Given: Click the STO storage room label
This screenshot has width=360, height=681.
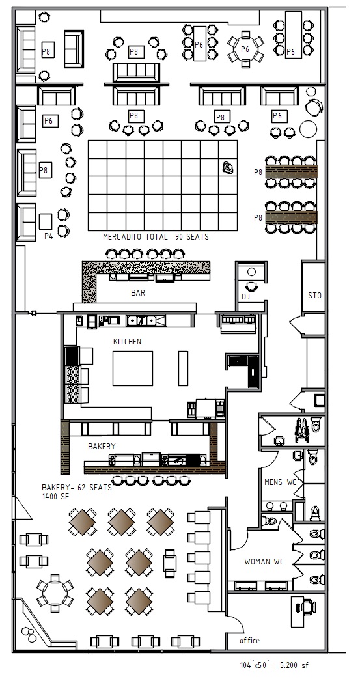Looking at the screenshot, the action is pyautogui.click(x=314, y=296).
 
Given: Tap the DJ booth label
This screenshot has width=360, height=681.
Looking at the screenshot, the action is pyautogui.click(x=245, y=296).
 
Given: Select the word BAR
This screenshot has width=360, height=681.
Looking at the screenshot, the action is pyautogui.click(x=137, y=293).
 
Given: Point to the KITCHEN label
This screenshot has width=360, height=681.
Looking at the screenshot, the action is pyautogui.click(x=127, y=342).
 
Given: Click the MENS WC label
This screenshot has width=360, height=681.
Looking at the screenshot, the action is pyautogui.click(x=280, y=482).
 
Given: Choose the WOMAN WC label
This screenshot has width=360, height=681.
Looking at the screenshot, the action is pyautogui.click(x=264, y=562).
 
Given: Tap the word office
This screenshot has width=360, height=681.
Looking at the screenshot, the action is pyautogui.click(x=250, y=640).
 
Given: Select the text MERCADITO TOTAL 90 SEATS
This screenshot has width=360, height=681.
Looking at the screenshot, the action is pyautogui.click(x=156, y=237).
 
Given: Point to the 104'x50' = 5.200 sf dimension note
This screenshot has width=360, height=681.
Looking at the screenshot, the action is pyautogui.click(x=274, y=665).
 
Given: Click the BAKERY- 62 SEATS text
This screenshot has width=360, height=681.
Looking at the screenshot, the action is pyautogui.click(x=76, y=487).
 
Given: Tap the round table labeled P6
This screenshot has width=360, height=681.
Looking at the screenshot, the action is pyautogui.click(x=245, y=49).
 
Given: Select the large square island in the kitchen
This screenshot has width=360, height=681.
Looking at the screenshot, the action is pyautogui.click(x=133, y=368).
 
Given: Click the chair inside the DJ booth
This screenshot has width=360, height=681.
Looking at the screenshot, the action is pyautogui.click(x=251, y=286).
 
